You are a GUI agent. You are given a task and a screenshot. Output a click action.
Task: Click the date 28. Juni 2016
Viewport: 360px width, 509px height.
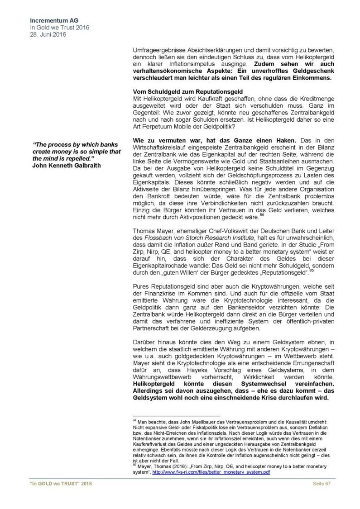[47, 34]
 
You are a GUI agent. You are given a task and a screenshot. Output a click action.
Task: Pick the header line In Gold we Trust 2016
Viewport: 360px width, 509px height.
[59, 28]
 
